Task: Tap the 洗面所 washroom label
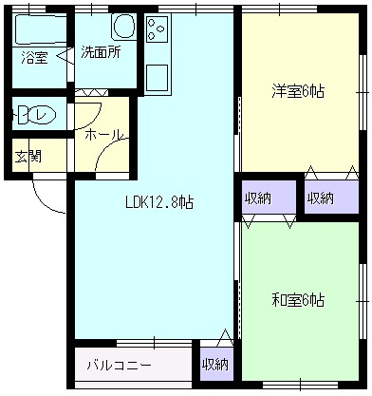pos(99,53)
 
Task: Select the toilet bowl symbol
pos(37,117)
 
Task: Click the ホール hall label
pos(102,135)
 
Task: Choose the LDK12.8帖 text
pos(160,201)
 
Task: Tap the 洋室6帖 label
pos(298,91)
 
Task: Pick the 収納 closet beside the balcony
pos(215,364)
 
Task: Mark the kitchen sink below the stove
pos(157,76)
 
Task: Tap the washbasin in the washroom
pos(123,26)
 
